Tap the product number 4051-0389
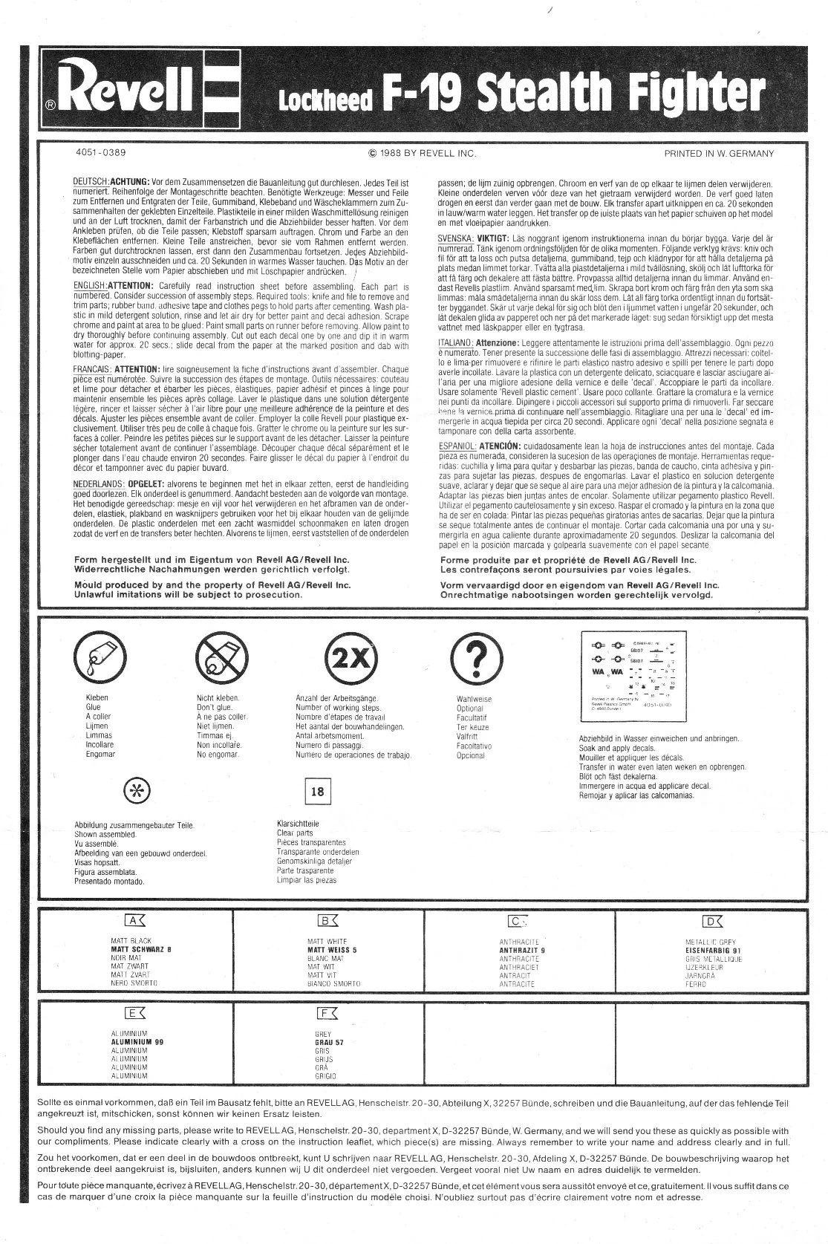101,153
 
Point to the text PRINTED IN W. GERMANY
719,154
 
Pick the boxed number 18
317,791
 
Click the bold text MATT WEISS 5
332,950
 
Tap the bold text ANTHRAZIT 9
522,950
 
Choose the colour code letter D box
712,922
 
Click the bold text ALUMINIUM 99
137,1042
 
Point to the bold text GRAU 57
329,1043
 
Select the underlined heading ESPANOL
457,445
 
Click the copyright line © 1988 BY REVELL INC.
422,154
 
